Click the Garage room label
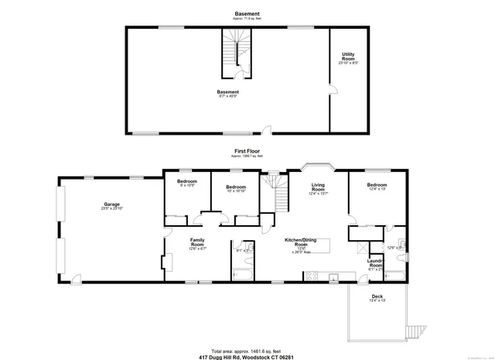click(112, 206)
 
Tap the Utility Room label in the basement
click(348, 57)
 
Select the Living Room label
click(318, 189)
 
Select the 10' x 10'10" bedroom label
click(236, 188)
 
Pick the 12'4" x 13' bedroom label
click(377, 187)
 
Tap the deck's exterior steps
click(418, 332)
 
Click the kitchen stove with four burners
click(311, 276)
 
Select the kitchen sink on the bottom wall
click(332, 276)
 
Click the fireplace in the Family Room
click(166, 264)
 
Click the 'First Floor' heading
click(247, 151)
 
